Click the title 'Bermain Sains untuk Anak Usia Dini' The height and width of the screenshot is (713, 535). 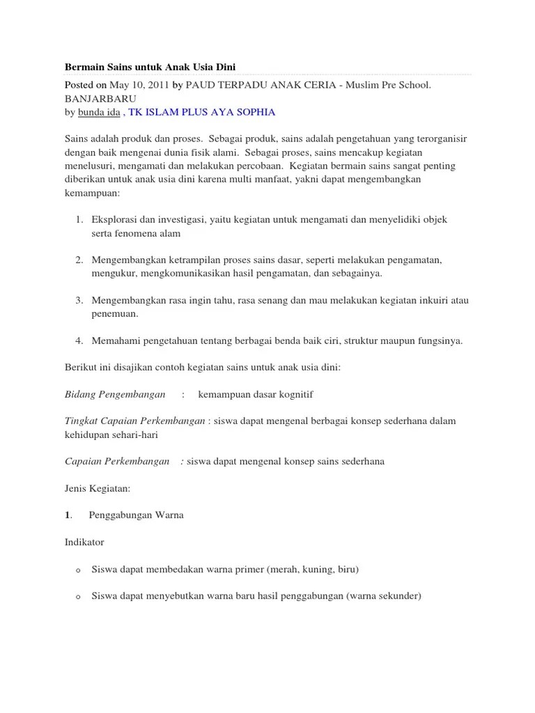(150, 67)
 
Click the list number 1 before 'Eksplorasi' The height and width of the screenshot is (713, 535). (79, 219)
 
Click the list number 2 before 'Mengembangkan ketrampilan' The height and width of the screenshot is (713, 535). (79, 260)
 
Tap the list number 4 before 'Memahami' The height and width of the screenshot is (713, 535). (79, 340)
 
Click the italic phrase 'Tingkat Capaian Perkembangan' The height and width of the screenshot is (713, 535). (134, 421)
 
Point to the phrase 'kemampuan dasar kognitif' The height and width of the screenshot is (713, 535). (256, 394)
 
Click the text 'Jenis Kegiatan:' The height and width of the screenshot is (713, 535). (98, 488)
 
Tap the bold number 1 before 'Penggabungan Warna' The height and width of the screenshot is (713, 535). (68, 515)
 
